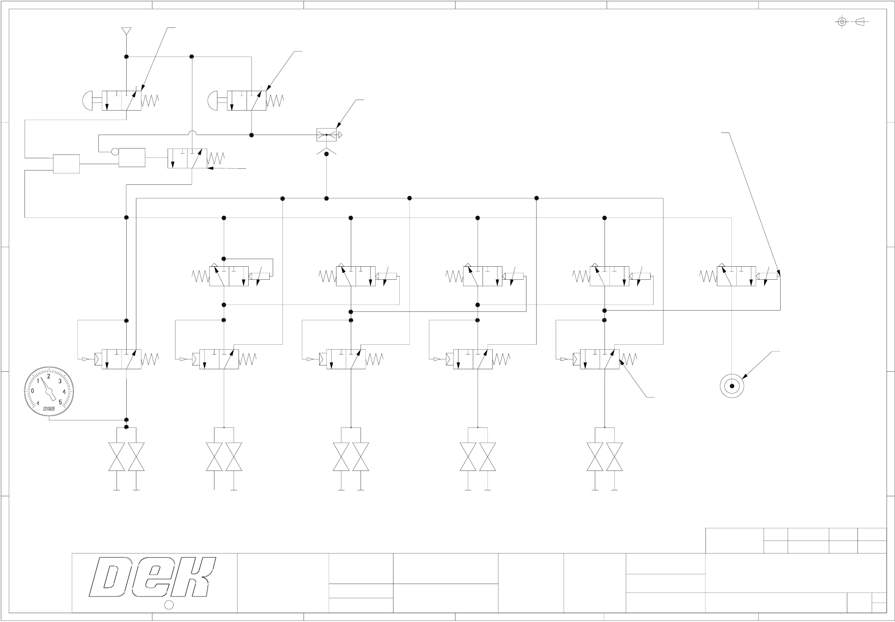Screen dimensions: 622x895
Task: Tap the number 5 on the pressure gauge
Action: coord(60,402)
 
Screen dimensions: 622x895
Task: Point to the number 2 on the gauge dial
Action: coord(49,376)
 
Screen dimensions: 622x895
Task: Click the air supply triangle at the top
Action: coord(126,31)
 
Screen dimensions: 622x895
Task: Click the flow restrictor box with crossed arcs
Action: coord(326,135)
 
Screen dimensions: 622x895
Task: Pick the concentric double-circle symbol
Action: coord(732,386)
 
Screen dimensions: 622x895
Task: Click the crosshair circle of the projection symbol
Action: coord(842,22)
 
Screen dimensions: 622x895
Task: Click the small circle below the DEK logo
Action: coord(168,605)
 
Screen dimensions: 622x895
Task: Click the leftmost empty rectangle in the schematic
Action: coord(66,164)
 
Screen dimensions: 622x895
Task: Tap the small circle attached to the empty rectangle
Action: coord(115,151)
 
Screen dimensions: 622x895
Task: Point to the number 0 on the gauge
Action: coord(33,391)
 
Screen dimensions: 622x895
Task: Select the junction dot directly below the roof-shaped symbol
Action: coord(326,154)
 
